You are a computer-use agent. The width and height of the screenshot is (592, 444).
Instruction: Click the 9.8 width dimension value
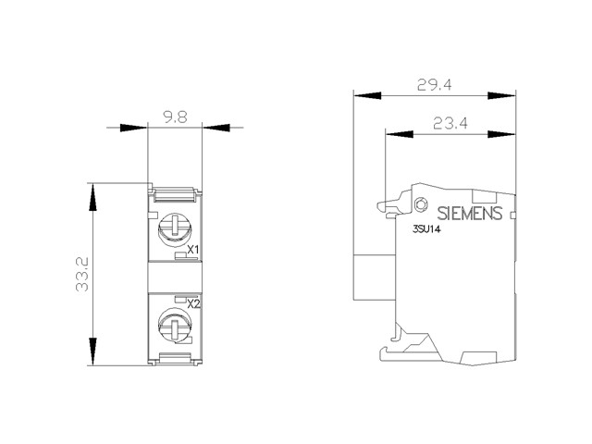(x=175, y=117)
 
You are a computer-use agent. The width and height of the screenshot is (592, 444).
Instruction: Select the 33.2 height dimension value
(x=82, y=274)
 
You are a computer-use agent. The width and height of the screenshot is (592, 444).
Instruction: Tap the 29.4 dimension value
(x=434, y=85)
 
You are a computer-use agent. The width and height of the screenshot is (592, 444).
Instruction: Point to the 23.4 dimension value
(x=450, y=123)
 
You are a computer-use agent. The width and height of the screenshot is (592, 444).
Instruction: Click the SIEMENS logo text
(x=470, y=214)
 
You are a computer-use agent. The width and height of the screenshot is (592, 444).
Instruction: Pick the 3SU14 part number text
(x=426, y=229)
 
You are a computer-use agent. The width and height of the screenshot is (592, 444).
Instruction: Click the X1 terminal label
(x=193, y=250)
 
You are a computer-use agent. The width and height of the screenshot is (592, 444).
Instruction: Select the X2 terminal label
(x=193, y=303)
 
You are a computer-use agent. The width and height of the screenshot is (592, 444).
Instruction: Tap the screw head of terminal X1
(x=175, y=228)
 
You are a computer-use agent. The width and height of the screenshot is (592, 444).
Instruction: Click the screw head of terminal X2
(x=175, y=325)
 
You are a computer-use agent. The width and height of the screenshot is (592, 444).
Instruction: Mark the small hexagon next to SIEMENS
(x=420, y=204)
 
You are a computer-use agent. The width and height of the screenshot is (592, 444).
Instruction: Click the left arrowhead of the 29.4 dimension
(x=367, y=95)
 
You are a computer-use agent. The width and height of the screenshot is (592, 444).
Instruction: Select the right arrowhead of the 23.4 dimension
(x=501, y=134)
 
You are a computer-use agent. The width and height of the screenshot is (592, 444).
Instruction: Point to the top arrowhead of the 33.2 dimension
(x=92, y=197)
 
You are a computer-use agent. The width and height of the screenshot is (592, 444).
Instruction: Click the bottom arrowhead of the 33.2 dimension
(x=92, y=351)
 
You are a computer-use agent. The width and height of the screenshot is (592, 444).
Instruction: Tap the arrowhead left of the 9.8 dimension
(x=133, y=128)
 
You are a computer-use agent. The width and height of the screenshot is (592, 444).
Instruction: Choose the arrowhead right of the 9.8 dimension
(x=216, y=128)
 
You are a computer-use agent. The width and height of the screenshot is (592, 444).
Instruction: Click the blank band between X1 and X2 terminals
(x=175, y=277)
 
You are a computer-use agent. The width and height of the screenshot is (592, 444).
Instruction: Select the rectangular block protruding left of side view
(x=374, y=277)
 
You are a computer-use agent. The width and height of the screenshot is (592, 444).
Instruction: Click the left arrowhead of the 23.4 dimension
(x=399, y=134)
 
